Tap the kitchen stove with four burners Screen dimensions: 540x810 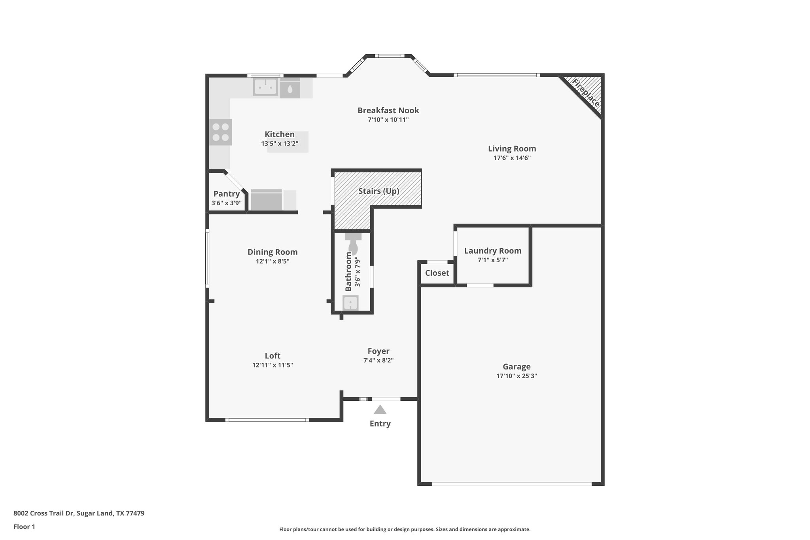(x=221, y=132)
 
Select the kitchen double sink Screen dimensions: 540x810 (x=265, y=87)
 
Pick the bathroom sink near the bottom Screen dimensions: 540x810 (x=350, y=303)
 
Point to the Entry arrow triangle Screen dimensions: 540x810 (x=380, y=409)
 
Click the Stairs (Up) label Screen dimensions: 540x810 (x=379, y=191)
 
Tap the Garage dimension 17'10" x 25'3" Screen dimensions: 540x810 (x=517, y=376)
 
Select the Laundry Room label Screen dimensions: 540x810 (x=492, y=251)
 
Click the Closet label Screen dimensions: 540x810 (x=437, y=273)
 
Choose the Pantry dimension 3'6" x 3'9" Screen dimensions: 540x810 (x=226, y=203)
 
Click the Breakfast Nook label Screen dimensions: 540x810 (x=388, y=110)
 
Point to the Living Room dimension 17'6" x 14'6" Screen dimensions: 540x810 (x=512, y=158)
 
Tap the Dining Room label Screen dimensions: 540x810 (x=273, y=252)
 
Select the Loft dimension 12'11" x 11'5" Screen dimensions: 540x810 (x=273, y=365)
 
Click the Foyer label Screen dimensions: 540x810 (x=379, y=351)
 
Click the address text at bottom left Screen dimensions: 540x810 (x=79, y=513)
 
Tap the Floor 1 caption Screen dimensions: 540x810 (x=24, y=527)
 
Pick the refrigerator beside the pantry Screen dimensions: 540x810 (x=267, y=200)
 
